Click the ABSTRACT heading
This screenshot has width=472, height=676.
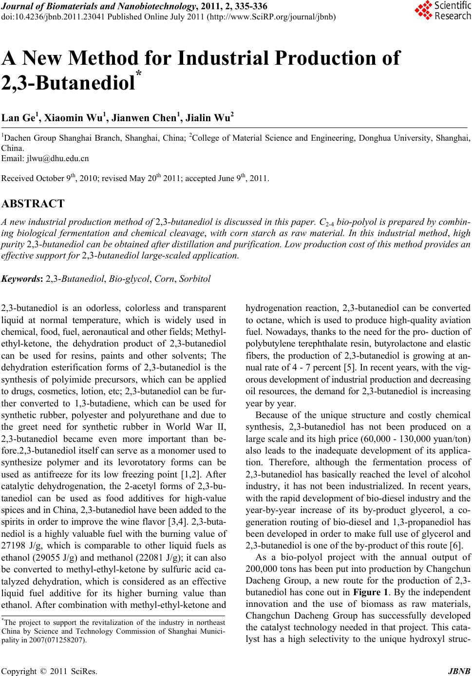pos(33,203)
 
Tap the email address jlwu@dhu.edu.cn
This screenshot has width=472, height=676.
pos(58,158)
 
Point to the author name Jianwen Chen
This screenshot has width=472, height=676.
pos(147,118)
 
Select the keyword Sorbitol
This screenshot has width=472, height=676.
pos(195,279)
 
